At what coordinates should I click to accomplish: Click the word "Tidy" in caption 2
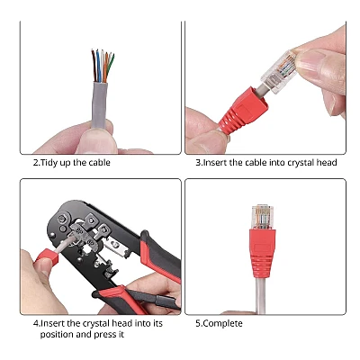click(x=49, y=163)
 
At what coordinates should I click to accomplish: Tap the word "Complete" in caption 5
click(x=223, y=324)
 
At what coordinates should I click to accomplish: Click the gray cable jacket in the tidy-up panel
click(x=100, y=104)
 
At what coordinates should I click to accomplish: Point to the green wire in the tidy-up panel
click(x=111, y=65)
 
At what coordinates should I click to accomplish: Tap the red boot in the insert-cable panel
click(x=243, y=111)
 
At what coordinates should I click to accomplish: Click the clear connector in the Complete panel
click(x=263, y=217)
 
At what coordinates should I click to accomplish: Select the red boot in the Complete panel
click(x=263, y=253)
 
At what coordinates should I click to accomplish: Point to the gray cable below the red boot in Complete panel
click(x=260, y=295)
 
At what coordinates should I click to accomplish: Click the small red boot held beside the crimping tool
click(x=47, y=257)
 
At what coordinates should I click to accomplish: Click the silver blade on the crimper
click(x=118, y=246)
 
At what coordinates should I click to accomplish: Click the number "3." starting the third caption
click(x=199, y=163)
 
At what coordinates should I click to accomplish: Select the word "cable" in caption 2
click(x=99, y=163)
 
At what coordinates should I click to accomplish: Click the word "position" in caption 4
click(x=57, y=335)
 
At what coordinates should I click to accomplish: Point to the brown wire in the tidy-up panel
click(x=94, y=66)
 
